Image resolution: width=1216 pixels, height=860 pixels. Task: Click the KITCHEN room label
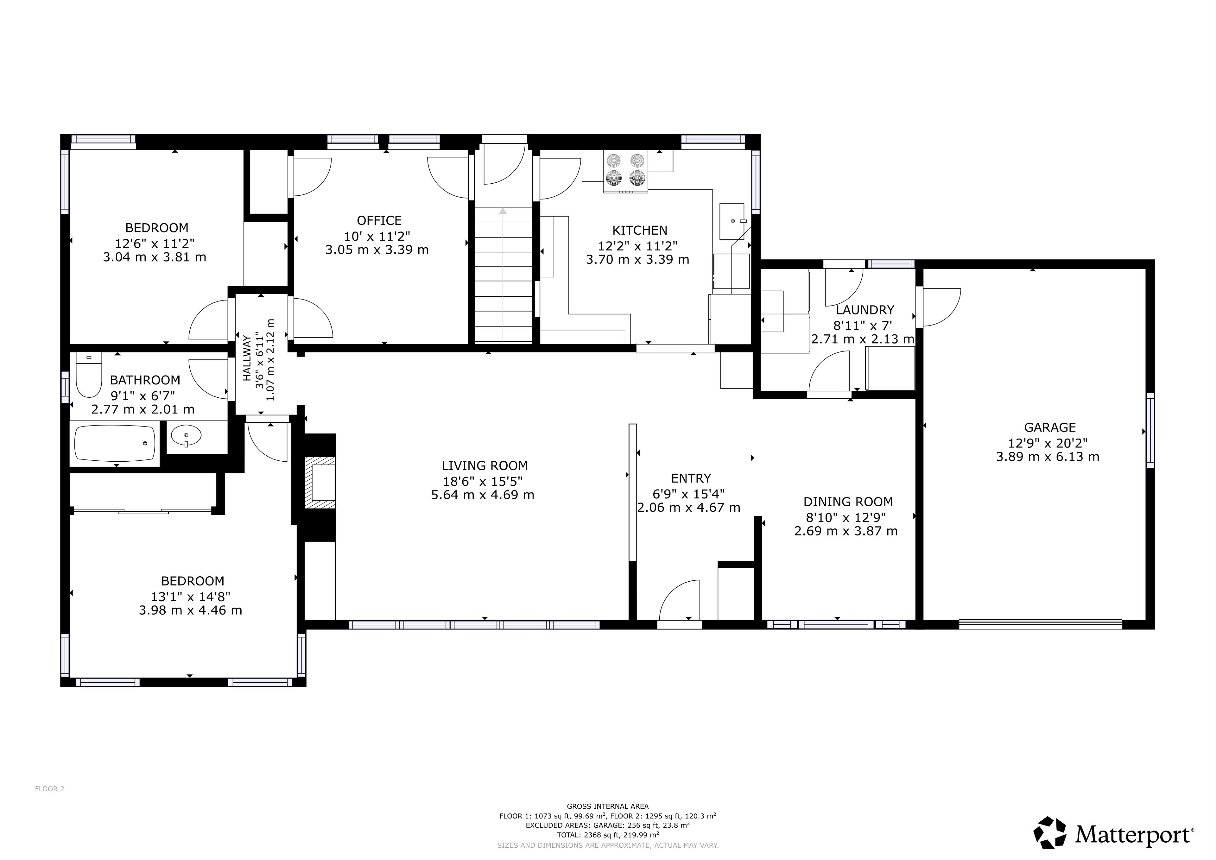click(640, 231)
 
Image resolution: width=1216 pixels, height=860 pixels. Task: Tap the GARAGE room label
click(1050, 427)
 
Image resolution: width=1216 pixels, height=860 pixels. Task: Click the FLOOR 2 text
click(49, 788)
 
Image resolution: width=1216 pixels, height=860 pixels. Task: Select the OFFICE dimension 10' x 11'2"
click(377, 236)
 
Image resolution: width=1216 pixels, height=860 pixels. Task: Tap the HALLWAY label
click(247, 358)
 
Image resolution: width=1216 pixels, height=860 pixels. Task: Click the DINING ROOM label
click(848, 502)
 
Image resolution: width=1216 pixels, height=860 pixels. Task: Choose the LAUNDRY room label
click(865, 310)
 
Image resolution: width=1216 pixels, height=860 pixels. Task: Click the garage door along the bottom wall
click(1040, 624)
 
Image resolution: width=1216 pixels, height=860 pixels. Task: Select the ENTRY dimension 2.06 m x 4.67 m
click(688, 507)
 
